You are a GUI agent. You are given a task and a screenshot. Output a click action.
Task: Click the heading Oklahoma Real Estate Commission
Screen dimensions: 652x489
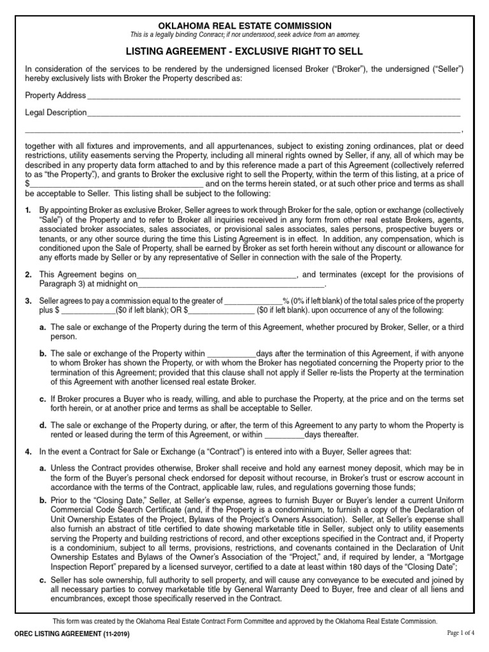tap(244, 25)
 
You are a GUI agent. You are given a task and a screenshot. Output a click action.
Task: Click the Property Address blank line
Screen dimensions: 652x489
tap(273, 97)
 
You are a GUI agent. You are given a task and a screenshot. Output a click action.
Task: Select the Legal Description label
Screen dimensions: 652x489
tap(56, 113)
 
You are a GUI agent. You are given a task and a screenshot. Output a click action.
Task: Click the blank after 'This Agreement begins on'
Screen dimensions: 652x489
tap(217, 275)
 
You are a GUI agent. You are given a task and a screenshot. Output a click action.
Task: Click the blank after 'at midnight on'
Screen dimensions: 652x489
tap(230, 285)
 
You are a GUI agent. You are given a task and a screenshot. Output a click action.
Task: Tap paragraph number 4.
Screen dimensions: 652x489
tap(28, 451)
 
